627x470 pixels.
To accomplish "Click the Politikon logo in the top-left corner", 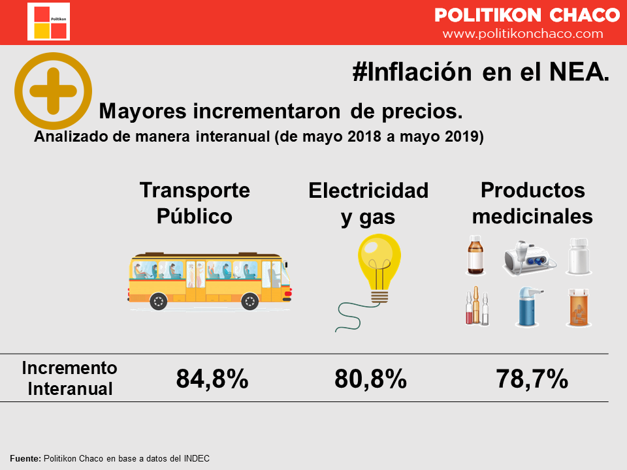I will [x=48, y=22].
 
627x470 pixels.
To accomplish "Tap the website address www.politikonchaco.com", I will [x=522, y=33].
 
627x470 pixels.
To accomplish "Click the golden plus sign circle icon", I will [x=54, y=91].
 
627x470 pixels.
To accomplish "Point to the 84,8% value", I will [x=212, y=379].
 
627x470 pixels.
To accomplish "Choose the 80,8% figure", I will [x=370, y=379].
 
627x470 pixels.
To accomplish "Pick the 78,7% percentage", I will [x=532, y=379].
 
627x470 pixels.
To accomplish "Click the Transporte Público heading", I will [x=195, y=202].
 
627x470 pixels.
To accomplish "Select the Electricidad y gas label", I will [x=368, y=204].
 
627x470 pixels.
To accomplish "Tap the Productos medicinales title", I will [x=532, y=202].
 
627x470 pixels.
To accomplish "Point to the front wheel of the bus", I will [x=250, y=301].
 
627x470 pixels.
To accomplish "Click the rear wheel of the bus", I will [x=158, y=301].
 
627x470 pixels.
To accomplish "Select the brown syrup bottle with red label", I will [x=475, y=255].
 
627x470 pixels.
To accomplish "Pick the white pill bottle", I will [x=578, y=257].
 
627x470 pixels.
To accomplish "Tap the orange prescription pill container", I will [x=578, y=308].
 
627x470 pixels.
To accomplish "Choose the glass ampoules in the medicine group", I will [x=476, y=307].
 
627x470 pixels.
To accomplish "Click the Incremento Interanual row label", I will [x=69, y=378].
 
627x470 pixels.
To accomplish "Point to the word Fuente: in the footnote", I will [x=25, y=458].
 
